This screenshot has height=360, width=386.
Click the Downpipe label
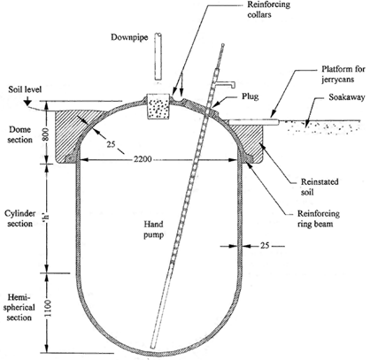(129, 37)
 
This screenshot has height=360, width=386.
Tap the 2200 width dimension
(143, 159)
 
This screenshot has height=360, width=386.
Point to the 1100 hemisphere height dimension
(48, 308)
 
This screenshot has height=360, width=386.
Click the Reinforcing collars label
(269, 10)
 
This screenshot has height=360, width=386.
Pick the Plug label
(251, 96)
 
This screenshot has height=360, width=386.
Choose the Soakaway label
(347, 97)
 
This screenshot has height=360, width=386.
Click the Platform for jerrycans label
(344, 74)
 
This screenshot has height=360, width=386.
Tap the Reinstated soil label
(320, 187)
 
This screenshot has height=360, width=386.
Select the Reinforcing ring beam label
(319, 218)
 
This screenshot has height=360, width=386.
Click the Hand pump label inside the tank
(153, 230)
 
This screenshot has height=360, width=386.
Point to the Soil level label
(25, 89)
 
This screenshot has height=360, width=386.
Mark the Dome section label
(20, 134)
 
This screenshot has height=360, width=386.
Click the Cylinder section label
(20, 218)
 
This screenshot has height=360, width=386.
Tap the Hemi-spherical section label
(20, 307)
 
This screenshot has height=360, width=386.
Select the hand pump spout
(226, 85)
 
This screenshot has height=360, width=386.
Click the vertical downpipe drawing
(158, 56)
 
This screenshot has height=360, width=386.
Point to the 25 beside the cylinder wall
(265, 245)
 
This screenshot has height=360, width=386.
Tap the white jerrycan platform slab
(254, 122)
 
